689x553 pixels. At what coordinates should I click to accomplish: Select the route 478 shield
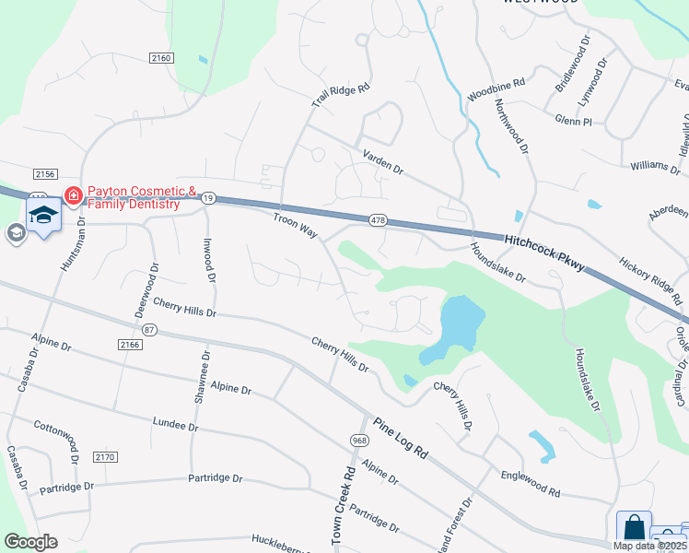pos(378,221)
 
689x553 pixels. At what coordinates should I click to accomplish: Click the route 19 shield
pos(209,197)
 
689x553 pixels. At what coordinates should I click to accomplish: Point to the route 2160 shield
pos(161,58)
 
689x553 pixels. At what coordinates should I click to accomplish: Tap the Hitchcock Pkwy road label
pos(546,252)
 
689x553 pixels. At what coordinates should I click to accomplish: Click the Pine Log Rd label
pos(402,439)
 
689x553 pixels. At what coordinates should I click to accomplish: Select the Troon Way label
pos(295,226)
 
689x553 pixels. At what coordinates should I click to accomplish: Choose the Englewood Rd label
pos(530,485)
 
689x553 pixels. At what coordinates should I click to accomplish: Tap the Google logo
pos(30,541)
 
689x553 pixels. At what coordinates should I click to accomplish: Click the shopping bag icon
pos(634,528)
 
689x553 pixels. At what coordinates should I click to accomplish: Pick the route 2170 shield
pos(106,457)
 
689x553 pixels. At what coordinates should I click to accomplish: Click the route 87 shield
pos(150,329)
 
